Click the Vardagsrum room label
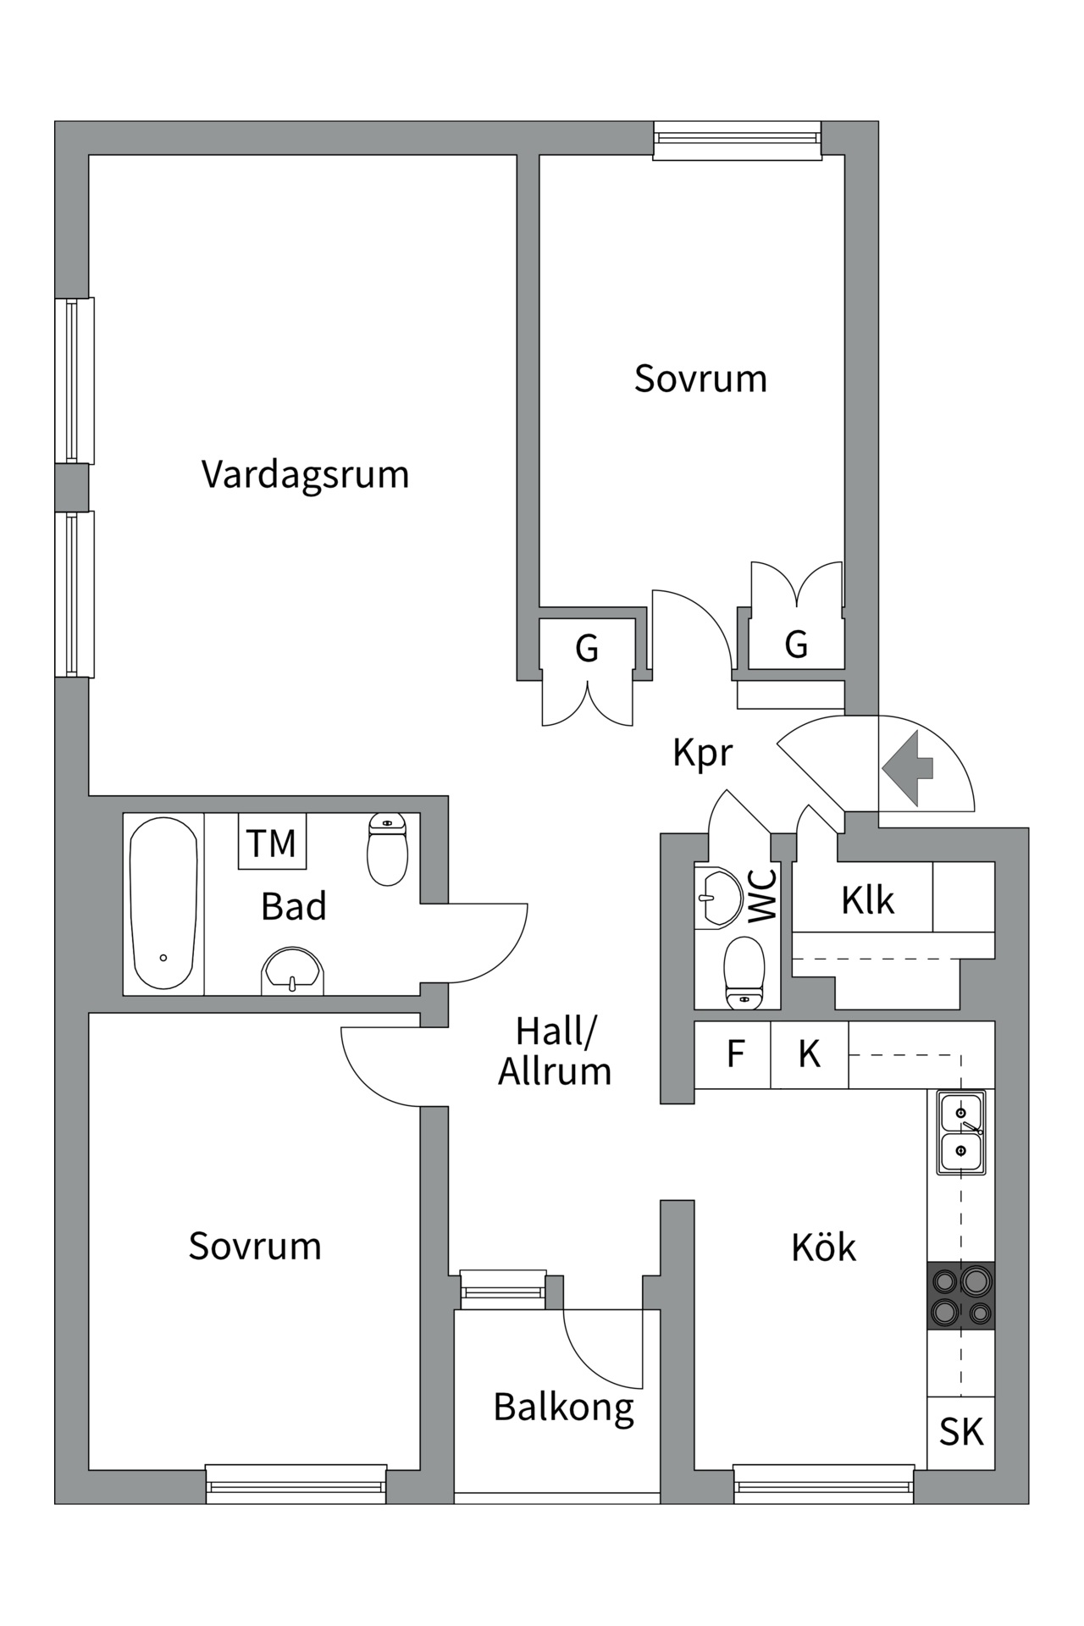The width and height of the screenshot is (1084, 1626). click(x=305, y=474)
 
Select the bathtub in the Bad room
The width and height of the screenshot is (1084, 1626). click(x=163, y=903)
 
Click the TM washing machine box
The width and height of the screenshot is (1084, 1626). click(x=271, y=842)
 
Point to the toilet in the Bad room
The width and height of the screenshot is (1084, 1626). click(x=388, y=849)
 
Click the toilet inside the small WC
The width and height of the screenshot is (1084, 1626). click(x=744, y=973)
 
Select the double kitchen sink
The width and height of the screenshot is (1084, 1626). click(x=961, y=1132)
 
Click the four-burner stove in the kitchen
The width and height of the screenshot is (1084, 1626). click(x=961, y=1295)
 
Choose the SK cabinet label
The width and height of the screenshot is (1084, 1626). click(x=961, y=1432)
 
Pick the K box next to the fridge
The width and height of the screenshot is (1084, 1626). click(x=809, y=1054)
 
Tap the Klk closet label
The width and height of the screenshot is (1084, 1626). click(x=867, y=900)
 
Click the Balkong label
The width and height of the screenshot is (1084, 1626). click(x=563, y=1408)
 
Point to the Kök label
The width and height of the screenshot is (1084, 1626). click(x=823, y=1247)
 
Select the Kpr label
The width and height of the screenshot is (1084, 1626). click(x=702, y=752)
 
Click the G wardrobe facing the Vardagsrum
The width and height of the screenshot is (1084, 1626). click(x=587, y=649)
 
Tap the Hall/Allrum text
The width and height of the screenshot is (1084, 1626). click(x=555, y=1052)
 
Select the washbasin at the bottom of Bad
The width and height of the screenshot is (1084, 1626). click(x=292, y=971)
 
